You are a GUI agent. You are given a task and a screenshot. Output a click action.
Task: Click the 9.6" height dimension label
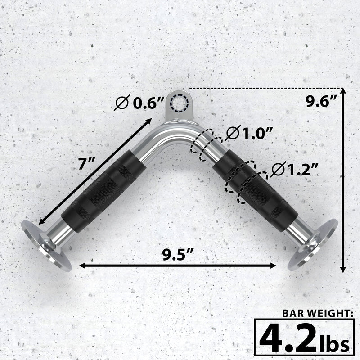(321, 103)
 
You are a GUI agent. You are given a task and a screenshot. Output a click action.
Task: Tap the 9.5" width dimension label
(178, 255)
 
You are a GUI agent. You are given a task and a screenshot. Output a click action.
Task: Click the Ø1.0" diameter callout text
(250, 133)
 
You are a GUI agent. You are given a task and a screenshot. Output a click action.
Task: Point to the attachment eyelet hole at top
(180, 103)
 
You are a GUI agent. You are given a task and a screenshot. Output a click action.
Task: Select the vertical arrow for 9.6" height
(343, 180)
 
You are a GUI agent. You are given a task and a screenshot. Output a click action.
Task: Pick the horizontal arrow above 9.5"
(178, 265)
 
